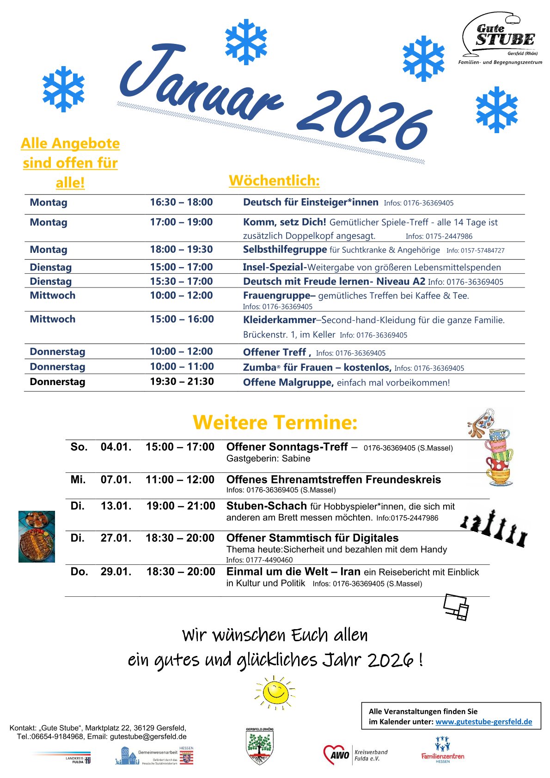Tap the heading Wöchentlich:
[x=274, y=180]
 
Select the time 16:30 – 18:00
[x=181, y=202]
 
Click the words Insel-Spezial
[x=273, y=267]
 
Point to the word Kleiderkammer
[x=279, y=319]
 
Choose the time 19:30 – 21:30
[x=182, y=381]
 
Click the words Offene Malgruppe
[x=288, y=382]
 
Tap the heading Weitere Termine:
[x=275, y=423]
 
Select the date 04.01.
[x=116, y=447]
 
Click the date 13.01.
[x=116, y=506]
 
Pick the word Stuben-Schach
[x=266, y=506]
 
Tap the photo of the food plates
[x=37, y=536]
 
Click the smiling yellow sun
[x=275, y=692]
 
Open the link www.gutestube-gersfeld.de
[x=483, y=722]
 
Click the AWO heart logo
[x=336, y=755]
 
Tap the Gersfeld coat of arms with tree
[x=260, y=746]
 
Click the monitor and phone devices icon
[x=456, y=607]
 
